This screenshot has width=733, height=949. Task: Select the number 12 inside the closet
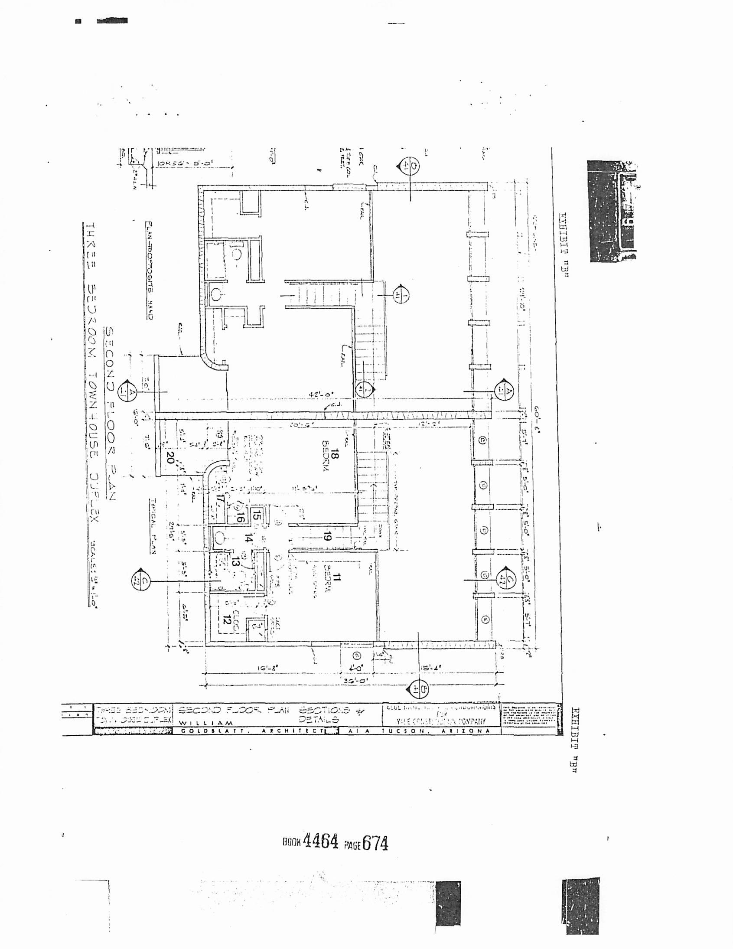click(226, 620)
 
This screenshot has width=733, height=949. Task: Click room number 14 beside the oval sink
click(248, 539)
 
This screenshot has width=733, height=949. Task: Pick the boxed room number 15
click(256, 516)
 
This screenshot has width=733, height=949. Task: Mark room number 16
click(240, 517)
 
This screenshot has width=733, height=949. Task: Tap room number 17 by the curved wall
click(221, 500)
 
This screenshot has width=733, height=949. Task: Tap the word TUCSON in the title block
click(398, 731)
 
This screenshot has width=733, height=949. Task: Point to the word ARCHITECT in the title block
click(293, 731)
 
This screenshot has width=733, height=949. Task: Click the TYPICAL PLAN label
click(153, 525)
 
